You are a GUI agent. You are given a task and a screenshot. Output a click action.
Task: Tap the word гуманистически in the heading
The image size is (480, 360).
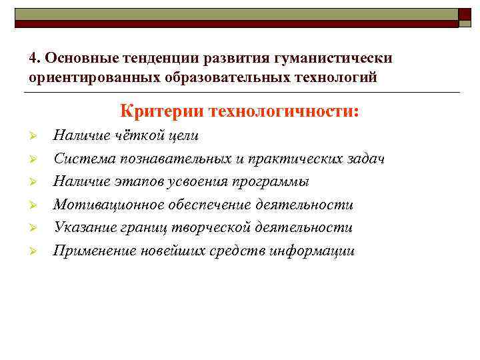coord(339,57)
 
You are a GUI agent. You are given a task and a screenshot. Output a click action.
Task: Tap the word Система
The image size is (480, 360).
coord(80,159)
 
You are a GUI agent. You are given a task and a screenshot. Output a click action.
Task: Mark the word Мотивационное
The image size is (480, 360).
coord(103,205)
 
